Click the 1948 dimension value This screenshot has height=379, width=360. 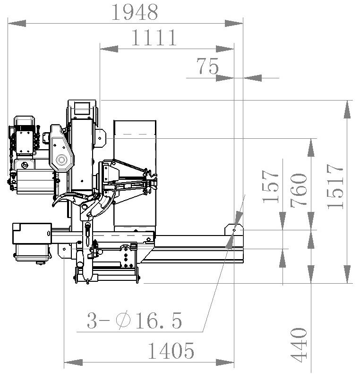(x=135, y=12)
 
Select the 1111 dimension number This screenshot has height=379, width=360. (x=154, y=37)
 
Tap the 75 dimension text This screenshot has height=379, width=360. (x=207, y=66)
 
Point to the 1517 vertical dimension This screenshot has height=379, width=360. (x=335, y=186)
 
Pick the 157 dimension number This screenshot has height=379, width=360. (x=271, y=186)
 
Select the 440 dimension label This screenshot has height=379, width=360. (x=299, y=345)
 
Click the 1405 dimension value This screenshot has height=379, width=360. (x=171, y=351)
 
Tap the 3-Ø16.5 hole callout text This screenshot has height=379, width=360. (x=134, y=320)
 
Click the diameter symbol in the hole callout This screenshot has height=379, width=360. (x=123, y=320)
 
